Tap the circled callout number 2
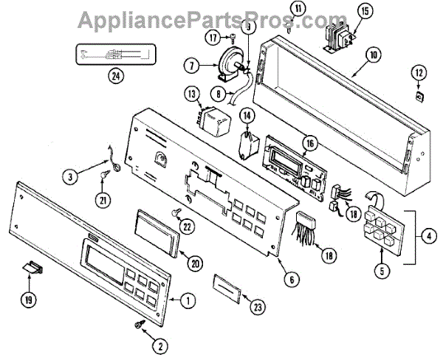(158, 345)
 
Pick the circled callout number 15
(365, 12)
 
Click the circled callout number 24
(115, 74)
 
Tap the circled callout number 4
(428, 237)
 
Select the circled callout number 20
(195, 262)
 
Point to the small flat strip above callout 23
(229, 285)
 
